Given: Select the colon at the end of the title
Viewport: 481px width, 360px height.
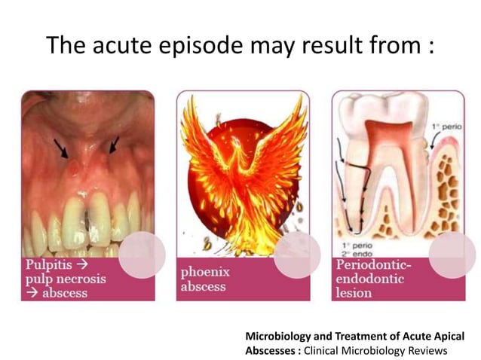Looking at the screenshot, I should tap(430, 47).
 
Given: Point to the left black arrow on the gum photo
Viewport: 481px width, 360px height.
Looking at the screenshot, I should tap(61, 148).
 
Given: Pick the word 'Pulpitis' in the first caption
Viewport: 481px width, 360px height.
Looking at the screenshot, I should tap(51, 265).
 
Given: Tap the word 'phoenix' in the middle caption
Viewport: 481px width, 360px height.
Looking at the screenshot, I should tap(205, 271).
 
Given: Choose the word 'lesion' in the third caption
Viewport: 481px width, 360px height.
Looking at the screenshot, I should tap(354, 292).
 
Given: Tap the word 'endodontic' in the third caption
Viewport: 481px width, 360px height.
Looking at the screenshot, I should tap(372, 279).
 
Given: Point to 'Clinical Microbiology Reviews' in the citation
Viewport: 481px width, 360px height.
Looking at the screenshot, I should tap(375, 350).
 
